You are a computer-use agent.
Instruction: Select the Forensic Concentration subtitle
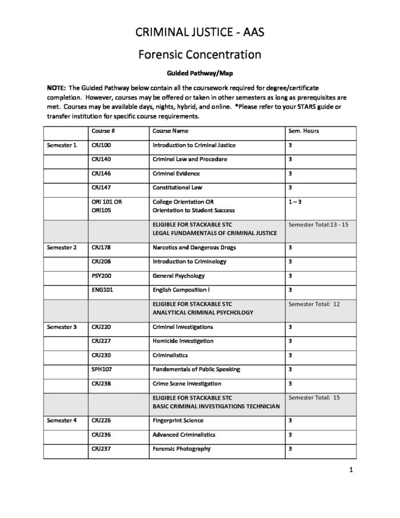click(199, 55)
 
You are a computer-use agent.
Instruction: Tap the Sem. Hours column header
click(303, 131)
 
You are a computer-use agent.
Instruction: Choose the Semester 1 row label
click(62, 145)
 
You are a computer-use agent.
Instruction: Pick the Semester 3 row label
click(62, 327)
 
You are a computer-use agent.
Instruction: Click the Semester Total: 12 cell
click(314, 304)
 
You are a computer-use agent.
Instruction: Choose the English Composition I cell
click(185, 290)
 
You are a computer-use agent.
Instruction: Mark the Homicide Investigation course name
click(183, 341)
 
